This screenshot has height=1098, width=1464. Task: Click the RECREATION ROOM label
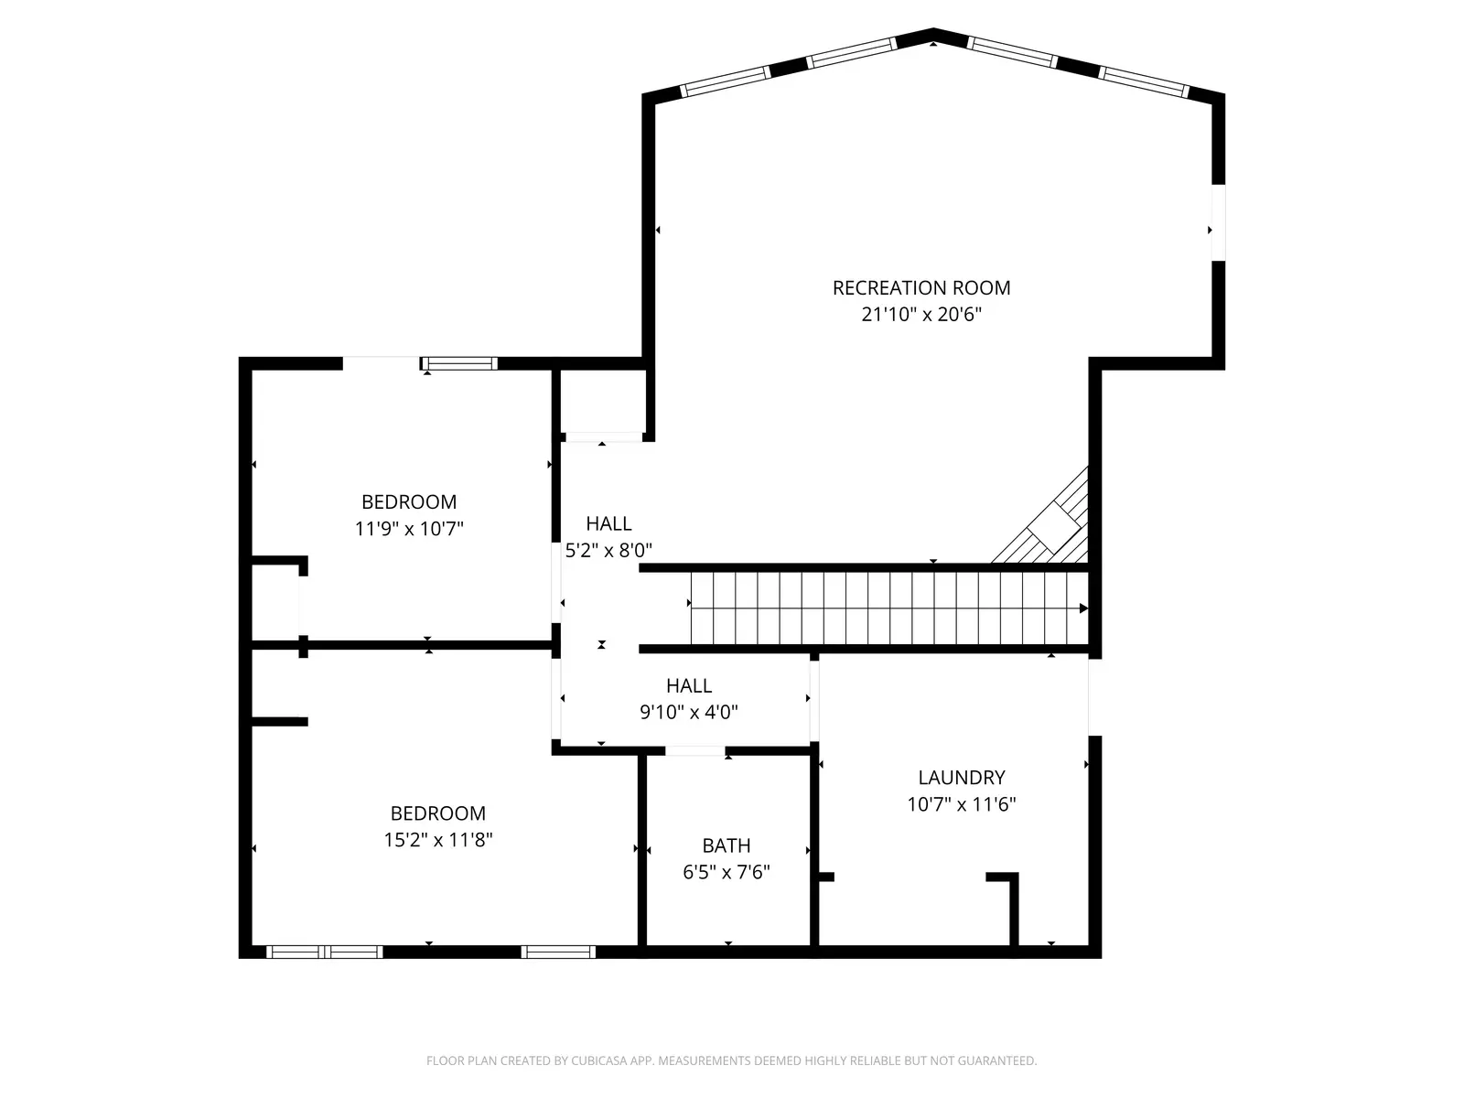point(921,287)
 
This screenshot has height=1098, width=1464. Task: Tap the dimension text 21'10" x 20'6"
point(921,315)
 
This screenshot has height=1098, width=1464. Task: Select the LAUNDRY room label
point(961,778)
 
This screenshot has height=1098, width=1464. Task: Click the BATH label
point(727,845)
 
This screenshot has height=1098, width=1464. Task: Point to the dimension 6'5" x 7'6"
point(727,872)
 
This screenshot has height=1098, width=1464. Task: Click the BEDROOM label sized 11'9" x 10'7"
point(409,501)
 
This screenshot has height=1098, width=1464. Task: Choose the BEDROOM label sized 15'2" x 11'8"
point(437,813)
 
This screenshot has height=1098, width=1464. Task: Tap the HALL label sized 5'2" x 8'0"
point(608,523)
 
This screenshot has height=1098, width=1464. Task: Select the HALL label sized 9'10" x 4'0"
point(689,685)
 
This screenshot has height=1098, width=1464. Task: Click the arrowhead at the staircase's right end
point(1083,608)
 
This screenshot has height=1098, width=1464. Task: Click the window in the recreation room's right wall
point(1218,223)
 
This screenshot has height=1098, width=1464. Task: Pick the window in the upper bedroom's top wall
point(459,363)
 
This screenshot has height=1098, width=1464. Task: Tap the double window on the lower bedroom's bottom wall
point(325,952)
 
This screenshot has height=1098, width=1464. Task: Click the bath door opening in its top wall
point(694,751)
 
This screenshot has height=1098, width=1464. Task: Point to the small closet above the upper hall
point(602,401)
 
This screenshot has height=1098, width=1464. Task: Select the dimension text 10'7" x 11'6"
point(961,804)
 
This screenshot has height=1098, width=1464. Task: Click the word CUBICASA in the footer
point(597,1060)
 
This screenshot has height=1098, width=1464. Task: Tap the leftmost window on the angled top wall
point(726,81)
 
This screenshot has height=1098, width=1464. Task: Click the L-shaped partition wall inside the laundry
point(1012,906)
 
